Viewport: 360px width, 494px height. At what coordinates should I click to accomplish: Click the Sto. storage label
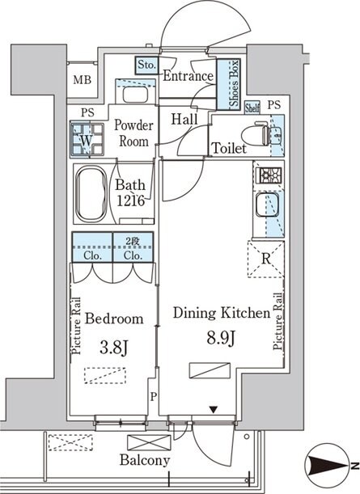click(x=147, y=65)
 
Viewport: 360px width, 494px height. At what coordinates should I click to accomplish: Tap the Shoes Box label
click(x=234, y=83)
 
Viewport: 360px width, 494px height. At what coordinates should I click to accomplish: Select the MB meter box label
click(x=83, y=80)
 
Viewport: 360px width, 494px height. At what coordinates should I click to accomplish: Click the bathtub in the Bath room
click(x=91, y=193)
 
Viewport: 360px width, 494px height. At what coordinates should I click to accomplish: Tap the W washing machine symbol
click(x=87, y=140)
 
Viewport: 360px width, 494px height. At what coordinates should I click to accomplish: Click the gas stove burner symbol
click(x=269, y=175)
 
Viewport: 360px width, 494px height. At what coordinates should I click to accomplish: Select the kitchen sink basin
click(x=267, y=205)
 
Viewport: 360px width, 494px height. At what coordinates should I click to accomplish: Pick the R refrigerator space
click(x=265, y=259)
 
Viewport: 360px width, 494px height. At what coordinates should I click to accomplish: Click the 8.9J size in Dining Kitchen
click(x=220, y=339)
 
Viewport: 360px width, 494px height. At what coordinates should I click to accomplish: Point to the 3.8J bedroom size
click(x=113, y=348)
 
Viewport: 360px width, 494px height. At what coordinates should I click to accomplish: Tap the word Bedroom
click(x=114, y=319)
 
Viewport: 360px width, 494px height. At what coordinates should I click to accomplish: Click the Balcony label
click(x=144, y=461)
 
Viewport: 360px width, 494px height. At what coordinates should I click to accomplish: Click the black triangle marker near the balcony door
click(x=214, y=410)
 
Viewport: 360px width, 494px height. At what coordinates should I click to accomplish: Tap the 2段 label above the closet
click(x=133, y=242)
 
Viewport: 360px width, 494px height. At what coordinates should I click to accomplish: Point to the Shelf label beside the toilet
click(x=252, y=108)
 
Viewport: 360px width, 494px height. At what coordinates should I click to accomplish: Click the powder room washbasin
click(x=135, y=95)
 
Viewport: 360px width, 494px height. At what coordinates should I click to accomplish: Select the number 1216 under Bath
click(x=131, y=201)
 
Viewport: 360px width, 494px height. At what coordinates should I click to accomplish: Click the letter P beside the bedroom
click(x=153, y=397)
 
